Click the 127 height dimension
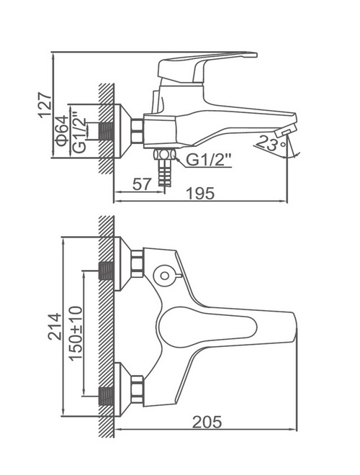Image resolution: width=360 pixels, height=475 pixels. [45, 105]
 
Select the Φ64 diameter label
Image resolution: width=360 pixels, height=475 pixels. [62, 131]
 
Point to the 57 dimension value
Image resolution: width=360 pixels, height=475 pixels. [142, 184]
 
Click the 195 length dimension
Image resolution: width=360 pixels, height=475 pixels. [200, 194]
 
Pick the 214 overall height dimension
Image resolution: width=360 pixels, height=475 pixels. [55, 327]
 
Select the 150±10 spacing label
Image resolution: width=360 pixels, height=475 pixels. [76, 333]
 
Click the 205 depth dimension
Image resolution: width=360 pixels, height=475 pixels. [207, 422]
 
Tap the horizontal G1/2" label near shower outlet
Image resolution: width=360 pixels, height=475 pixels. [209, 160]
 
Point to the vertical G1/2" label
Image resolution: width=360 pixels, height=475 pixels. [79, 132]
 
